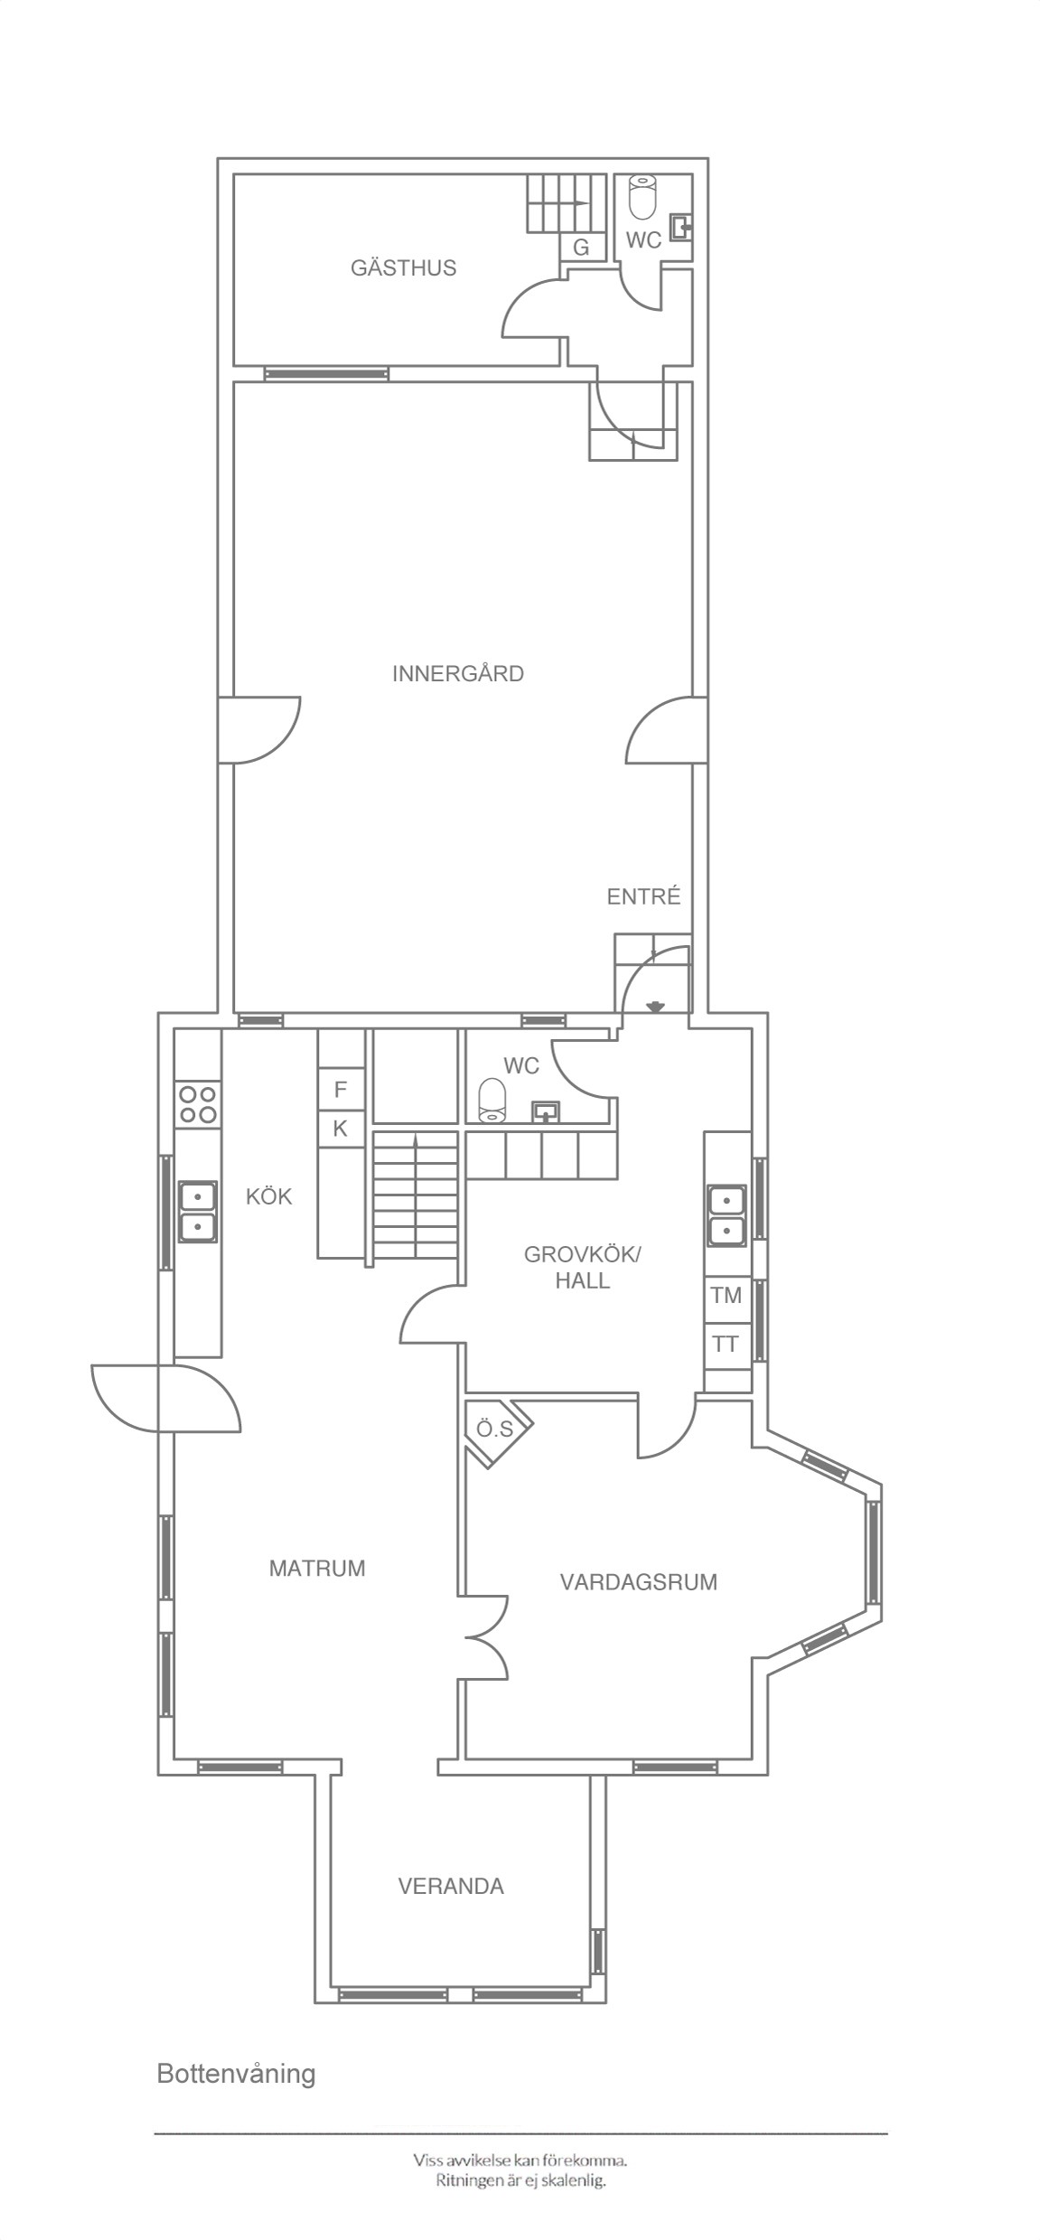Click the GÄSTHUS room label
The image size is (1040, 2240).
tap(403, 267)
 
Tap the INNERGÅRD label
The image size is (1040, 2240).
tap(458, 673)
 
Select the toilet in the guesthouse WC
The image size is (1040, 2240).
tap(642, 196)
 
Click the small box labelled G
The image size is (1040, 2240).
tap(581, 248)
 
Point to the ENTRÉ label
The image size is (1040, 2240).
tap(643, 896)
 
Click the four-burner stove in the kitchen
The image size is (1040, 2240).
tap(198, 1103)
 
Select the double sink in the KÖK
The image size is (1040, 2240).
tap(198, 1211)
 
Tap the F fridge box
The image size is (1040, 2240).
tap(341, 1090)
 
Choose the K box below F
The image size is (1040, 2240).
tap(341, 1129)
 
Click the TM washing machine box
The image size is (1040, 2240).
tap(726, 1295)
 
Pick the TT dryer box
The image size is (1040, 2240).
tap(726, 1344)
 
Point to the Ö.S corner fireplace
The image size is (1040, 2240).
tap(496, 1429)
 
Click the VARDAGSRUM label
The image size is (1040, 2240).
tap(639, 1581)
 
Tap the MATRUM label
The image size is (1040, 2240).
tap(317, 1568)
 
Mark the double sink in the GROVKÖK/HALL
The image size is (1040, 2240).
tap(728, 1215)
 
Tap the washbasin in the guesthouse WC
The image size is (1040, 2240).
tap(680, 225)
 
